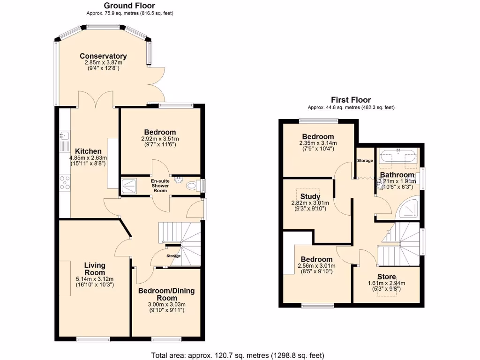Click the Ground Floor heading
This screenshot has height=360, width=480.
[129, 6]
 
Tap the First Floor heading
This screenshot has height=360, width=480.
[351, 100]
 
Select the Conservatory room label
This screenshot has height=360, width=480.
[103, 56]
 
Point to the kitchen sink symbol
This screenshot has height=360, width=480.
[64, 136]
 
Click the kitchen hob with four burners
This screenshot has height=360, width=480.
[64, 182]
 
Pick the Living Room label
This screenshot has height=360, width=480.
[95, 269]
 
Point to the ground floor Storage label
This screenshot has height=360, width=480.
[174, 256]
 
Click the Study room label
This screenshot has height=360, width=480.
[310, 196]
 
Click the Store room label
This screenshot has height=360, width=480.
[387, 277]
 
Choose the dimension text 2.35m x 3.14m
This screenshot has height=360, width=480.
[317, 143]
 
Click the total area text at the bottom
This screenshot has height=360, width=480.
[237, 355]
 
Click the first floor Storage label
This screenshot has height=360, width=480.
[365, 161]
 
